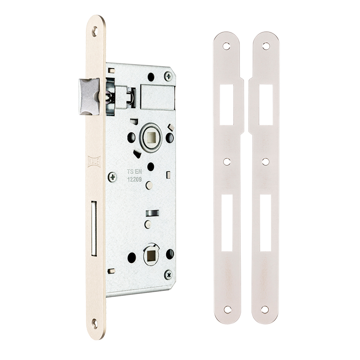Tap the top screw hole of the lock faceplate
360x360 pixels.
[94, 31]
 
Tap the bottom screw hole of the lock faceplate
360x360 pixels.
[94, 322]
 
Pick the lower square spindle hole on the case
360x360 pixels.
[151, 256]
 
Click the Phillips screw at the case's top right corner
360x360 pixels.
[168, 76]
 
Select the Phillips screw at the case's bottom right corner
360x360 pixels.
[168, 274]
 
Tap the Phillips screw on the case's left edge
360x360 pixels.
[112, 177]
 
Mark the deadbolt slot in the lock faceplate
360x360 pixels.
[94, 228]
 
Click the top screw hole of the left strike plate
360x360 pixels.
[226, 46]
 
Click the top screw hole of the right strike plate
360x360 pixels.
[265, 46]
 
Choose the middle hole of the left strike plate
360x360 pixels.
[227, 161]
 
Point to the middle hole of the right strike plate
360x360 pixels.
[265, 161]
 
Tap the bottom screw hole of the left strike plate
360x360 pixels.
[227, 310]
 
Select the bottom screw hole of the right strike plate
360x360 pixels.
[265, 310]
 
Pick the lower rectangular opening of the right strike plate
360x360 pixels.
[265, 223]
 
